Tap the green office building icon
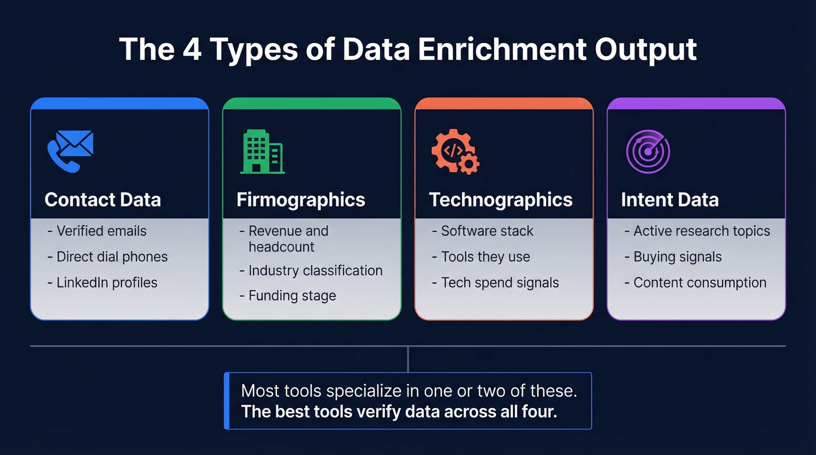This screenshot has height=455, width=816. [x=262, y=151]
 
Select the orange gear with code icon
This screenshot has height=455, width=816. [x=455, y=151]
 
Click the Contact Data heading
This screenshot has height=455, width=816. [x=103, y=200]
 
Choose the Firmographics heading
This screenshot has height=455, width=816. [x=301, y=200]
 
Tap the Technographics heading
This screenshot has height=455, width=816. [x=501, y=200]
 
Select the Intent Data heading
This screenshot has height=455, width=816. [x=670, y=200]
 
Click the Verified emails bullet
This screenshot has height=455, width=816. [x=101, y=231]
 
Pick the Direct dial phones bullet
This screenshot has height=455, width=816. [x=112, y=257]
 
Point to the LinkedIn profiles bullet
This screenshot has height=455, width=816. [x=107, y=283]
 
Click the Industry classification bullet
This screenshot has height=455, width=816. [x=315, y=271]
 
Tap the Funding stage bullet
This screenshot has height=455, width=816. [x=292, y=296]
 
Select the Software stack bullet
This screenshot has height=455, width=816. [x=487, y=231]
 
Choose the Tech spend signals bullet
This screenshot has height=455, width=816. [x=500, y=283]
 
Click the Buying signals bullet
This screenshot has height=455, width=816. [x=677, y=257]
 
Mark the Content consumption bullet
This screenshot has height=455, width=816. [x=699, y=283]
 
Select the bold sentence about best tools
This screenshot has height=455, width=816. [x=399, y=412]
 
